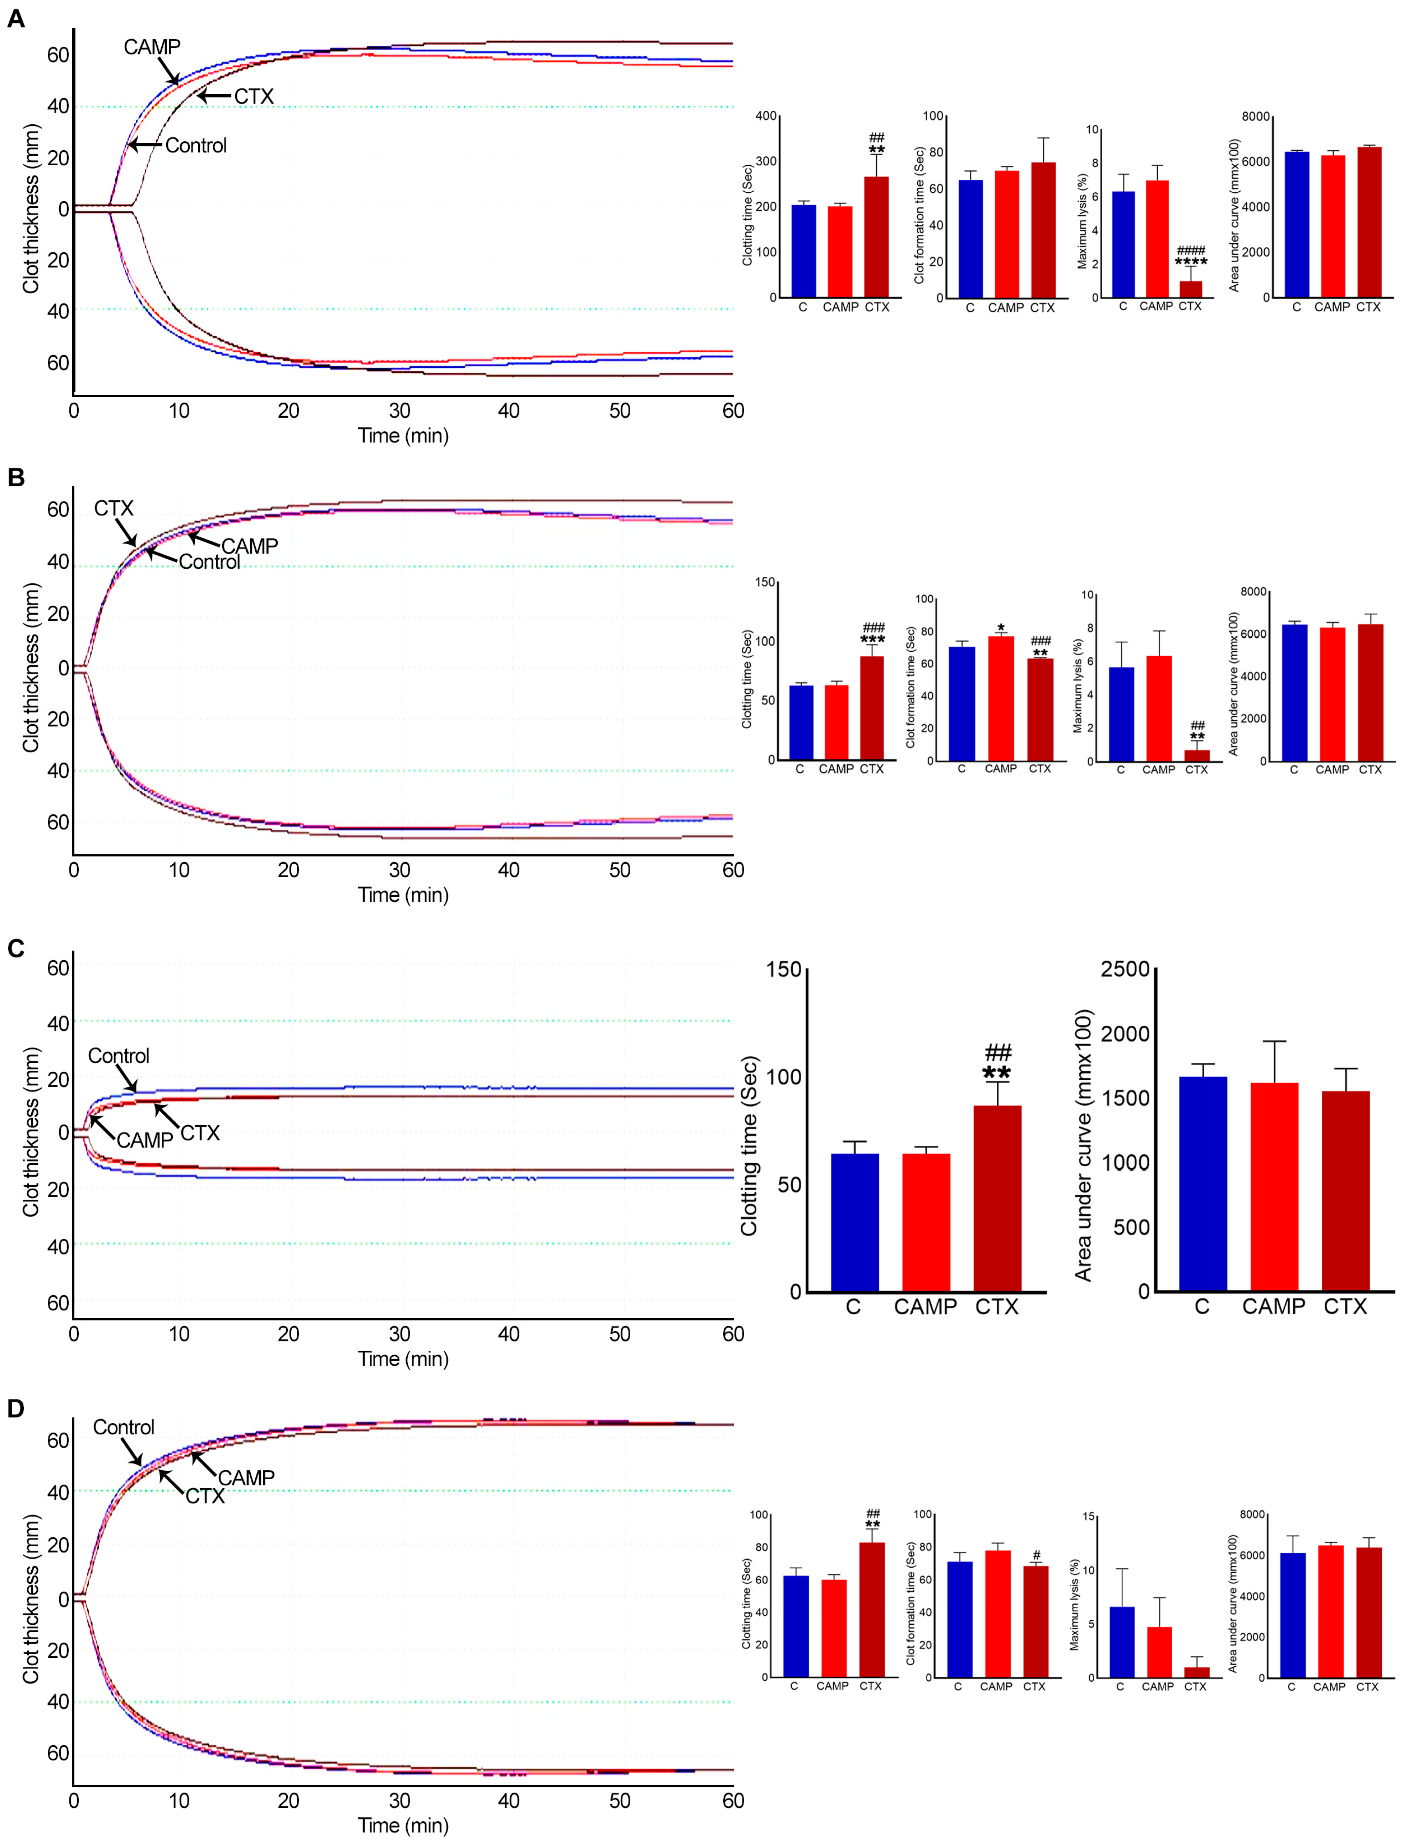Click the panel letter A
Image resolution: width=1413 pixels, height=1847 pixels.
click(x=16, y=19)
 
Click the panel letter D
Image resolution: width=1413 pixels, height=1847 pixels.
click(x=16, y=1408)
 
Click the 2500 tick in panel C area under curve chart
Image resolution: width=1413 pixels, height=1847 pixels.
click(x=1125, y=969)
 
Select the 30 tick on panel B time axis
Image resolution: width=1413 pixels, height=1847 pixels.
click(x=400, y=870)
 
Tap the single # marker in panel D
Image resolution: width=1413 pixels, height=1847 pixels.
click(x=1036, y=1556)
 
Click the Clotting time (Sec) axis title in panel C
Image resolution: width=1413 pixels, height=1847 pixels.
click(x=749, y=1146)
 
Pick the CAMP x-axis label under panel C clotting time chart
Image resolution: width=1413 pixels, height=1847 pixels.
click(x=925, y=1307)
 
